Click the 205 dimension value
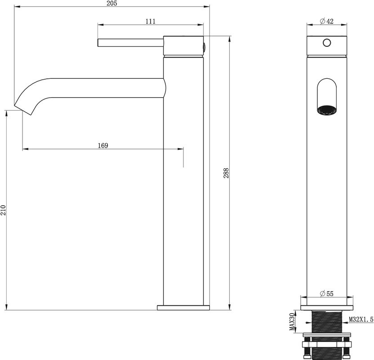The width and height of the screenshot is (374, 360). pos(112,3)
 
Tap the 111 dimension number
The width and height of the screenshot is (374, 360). pos(151,21)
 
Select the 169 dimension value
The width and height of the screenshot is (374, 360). pos(103,145)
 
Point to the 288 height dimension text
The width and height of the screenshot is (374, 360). pos(226,173)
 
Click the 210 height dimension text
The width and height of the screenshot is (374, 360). pos(3,210)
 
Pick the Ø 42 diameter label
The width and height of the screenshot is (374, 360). pos(326,21)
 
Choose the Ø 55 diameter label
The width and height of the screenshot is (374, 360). pos(326,294)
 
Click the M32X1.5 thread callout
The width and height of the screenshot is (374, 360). pos(361,319)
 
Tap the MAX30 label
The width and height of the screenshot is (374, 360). pos(292,322)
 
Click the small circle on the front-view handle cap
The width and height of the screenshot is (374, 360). pos(327,43)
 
